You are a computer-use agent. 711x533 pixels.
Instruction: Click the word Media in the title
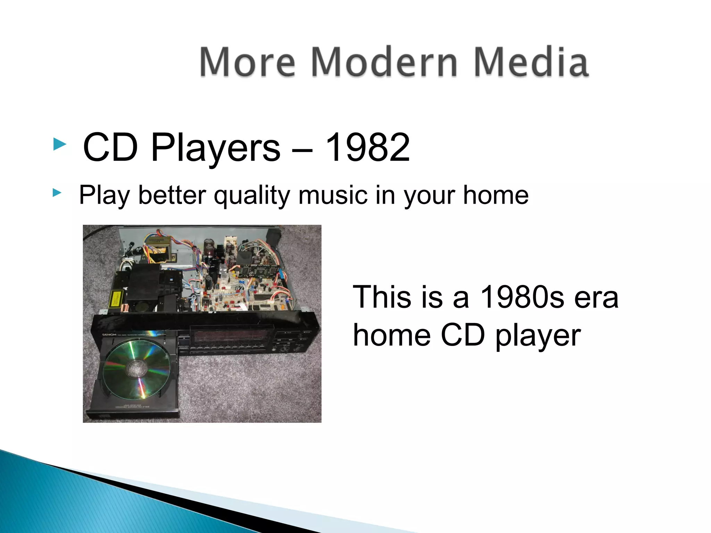[x=531, y=62]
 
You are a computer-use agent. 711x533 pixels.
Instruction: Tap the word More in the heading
[x=247, y=62]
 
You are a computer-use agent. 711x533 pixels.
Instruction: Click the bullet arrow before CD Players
[x=59, y=144]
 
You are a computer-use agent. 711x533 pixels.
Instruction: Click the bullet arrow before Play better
[x=57, y=193]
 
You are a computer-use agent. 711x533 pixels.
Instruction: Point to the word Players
[x=215, y=149]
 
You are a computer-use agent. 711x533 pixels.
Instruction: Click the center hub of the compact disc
[x=137, y=368]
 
